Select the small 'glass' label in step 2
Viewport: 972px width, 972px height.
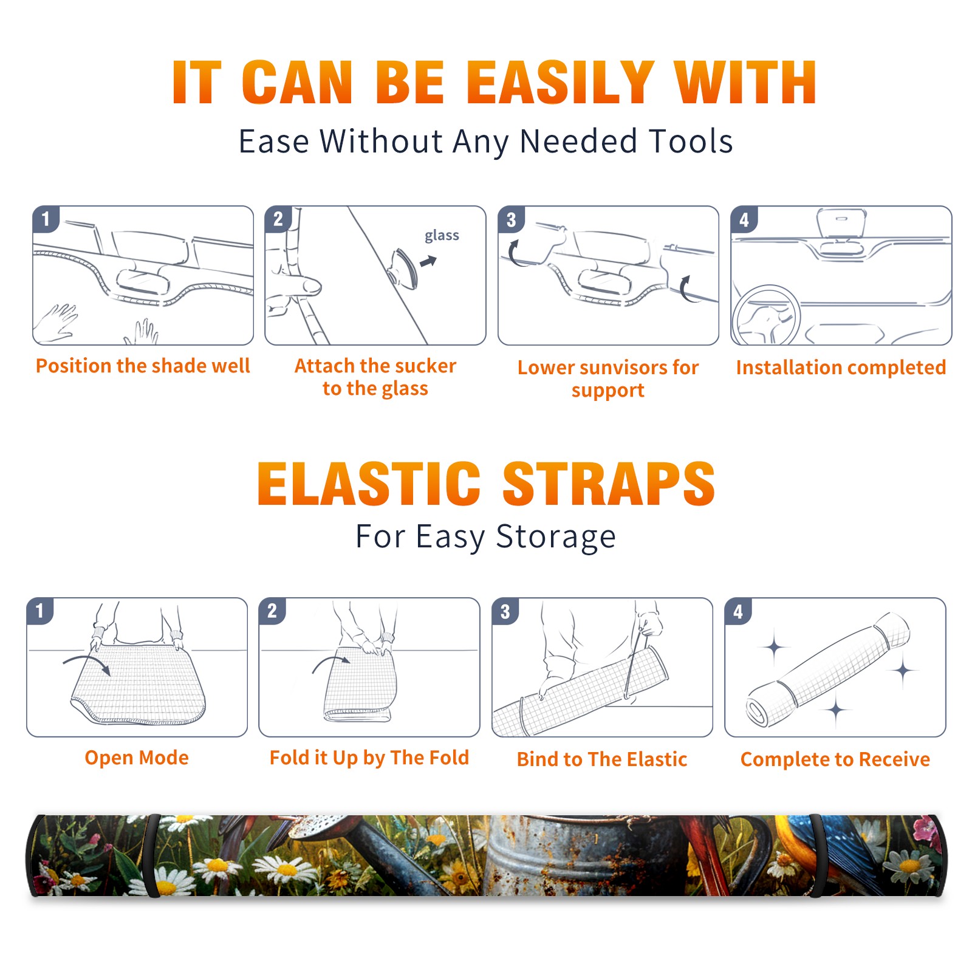[x=442, y=235]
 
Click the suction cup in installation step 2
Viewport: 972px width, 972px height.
[x=404, y=268]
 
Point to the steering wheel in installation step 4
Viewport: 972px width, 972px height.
[x=767, y=316]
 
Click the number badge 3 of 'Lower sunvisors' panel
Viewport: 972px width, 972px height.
[x=511, y=219]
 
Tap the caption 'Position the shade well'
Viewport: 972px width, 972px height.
[x=143, y=366]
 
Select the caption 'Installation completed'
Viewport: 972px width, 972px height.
[x=841, y=368]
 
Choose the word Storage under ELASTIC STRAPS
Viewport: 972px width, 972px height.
[x=556, y=537]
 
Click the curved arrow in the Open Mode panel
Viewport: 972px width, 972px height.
[x=87, y=662]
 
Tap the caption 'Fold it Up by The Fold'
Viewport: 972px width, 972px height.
[x=369, y=758]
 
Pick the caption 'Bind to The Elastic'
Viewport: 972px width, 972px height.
[x=602, y=759]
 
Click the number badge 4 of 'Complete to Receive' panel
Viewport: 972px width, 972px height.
[x=738, y=611]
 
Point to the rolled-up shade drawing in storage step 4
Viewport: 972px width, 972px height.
[x=828, y=668]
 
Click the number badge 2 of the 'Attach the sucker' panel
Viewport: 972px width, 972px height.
[x=278, y=219]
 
